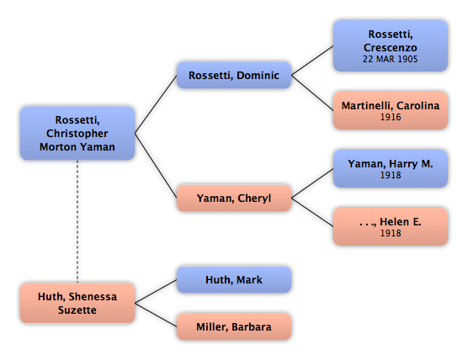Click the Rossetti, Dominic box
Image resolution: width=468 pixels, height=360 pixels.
tap(234, 75)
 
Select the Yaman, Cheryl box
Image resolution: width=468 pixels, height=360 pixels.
tap(234, 198)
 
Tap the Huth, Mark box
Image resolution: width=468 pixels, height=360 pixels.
tap(234, 279)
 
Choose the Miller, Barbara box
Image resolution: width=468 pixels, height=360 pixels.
tap(234, 326)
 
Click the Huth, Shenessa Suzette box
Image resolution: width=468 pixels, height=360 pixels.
tap(77, 303)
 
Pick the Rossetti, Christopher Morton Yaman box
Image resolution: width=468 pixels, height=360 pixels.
tap(77, 133)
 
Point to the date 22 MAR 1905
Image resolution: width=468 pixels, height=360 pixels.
tap(390, 59)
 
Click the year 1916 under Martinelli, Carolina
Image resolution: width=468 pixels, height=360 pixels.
tap(391, 117)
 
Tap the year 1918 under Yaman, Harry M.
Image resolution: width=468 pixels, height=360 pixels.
tap(391, 175)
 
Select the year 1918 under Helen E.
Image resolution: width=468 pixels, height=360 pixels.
tap(391, 233)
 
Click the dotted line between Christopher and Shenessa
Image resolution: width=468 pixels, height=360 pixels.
tap(77, 221)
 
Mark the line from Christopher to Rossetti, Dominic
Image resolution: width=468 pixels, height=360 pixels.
tap(156, 104)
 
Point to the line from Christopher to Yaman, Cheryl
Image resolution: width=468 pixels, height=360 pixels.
tap(156, 166)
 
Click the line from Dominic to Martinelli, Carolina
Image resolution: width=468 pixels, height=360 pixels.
tap(312, 93)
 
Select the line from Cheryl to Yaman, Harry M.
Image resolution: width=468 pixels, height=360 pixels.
tap(312, 183)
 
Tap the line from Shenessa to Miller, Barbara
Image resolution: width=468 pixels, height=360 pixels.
tap(156, 315)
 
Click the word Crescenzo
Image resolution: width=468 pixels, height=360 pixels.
tap(390, 47)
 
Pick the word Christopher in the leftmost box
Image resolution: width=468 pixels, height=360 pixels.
tap(77, 134)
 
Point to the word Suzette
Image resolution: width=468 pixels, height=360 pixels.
tap(77, 310)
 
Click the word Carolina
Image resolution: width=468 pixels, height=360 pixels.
tap(417, 106)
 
